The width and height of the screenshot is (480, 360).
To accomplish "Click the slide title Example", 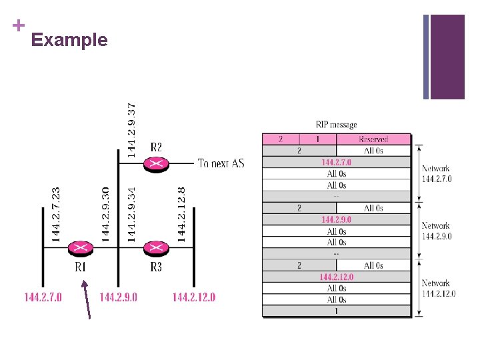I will point(69,40).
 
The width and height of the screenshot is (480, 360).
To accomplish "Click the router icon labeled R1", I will point(80,247).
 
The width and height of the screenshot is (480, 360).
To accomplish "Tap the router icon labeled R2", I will point(156,163).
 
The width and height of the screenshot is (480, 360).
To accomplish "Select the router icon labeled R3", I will point(156,247).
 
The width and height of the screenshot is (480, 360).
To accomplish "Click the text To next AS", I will point(221,163).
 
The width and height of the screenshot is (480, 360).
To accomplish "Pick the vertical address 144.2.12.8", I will point(181,213).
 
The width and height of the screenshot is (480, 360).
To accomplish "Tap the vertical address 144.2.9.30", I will point(105,213).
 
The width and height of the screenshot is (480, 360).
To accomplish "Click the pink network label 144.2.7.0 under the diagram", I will point(43,297).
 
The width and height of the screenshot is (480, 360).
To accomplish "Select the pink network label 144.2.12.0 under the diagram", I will point(194,297).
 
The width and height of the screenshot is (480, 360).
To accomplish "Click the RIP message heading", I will point(336,125).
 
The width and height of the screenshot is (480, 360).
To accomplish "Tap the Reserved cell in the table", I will point(373,139).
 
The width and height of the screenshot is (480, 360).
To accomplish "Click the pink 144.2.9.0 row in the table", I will point(336,219).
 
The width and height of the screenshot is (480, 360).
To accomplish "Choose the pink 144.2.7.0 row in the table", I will point(336,162).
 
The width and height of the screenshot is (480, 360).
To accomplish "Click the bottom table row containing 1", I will point(336,311).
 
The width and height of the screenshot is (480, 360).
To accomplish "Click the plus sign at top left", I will point(18,25).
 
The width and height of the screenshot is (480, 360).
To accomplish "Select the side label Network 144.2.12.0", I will point(438,288).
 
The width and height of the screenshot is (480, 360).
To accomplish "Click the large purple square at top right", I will point(447,57).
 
